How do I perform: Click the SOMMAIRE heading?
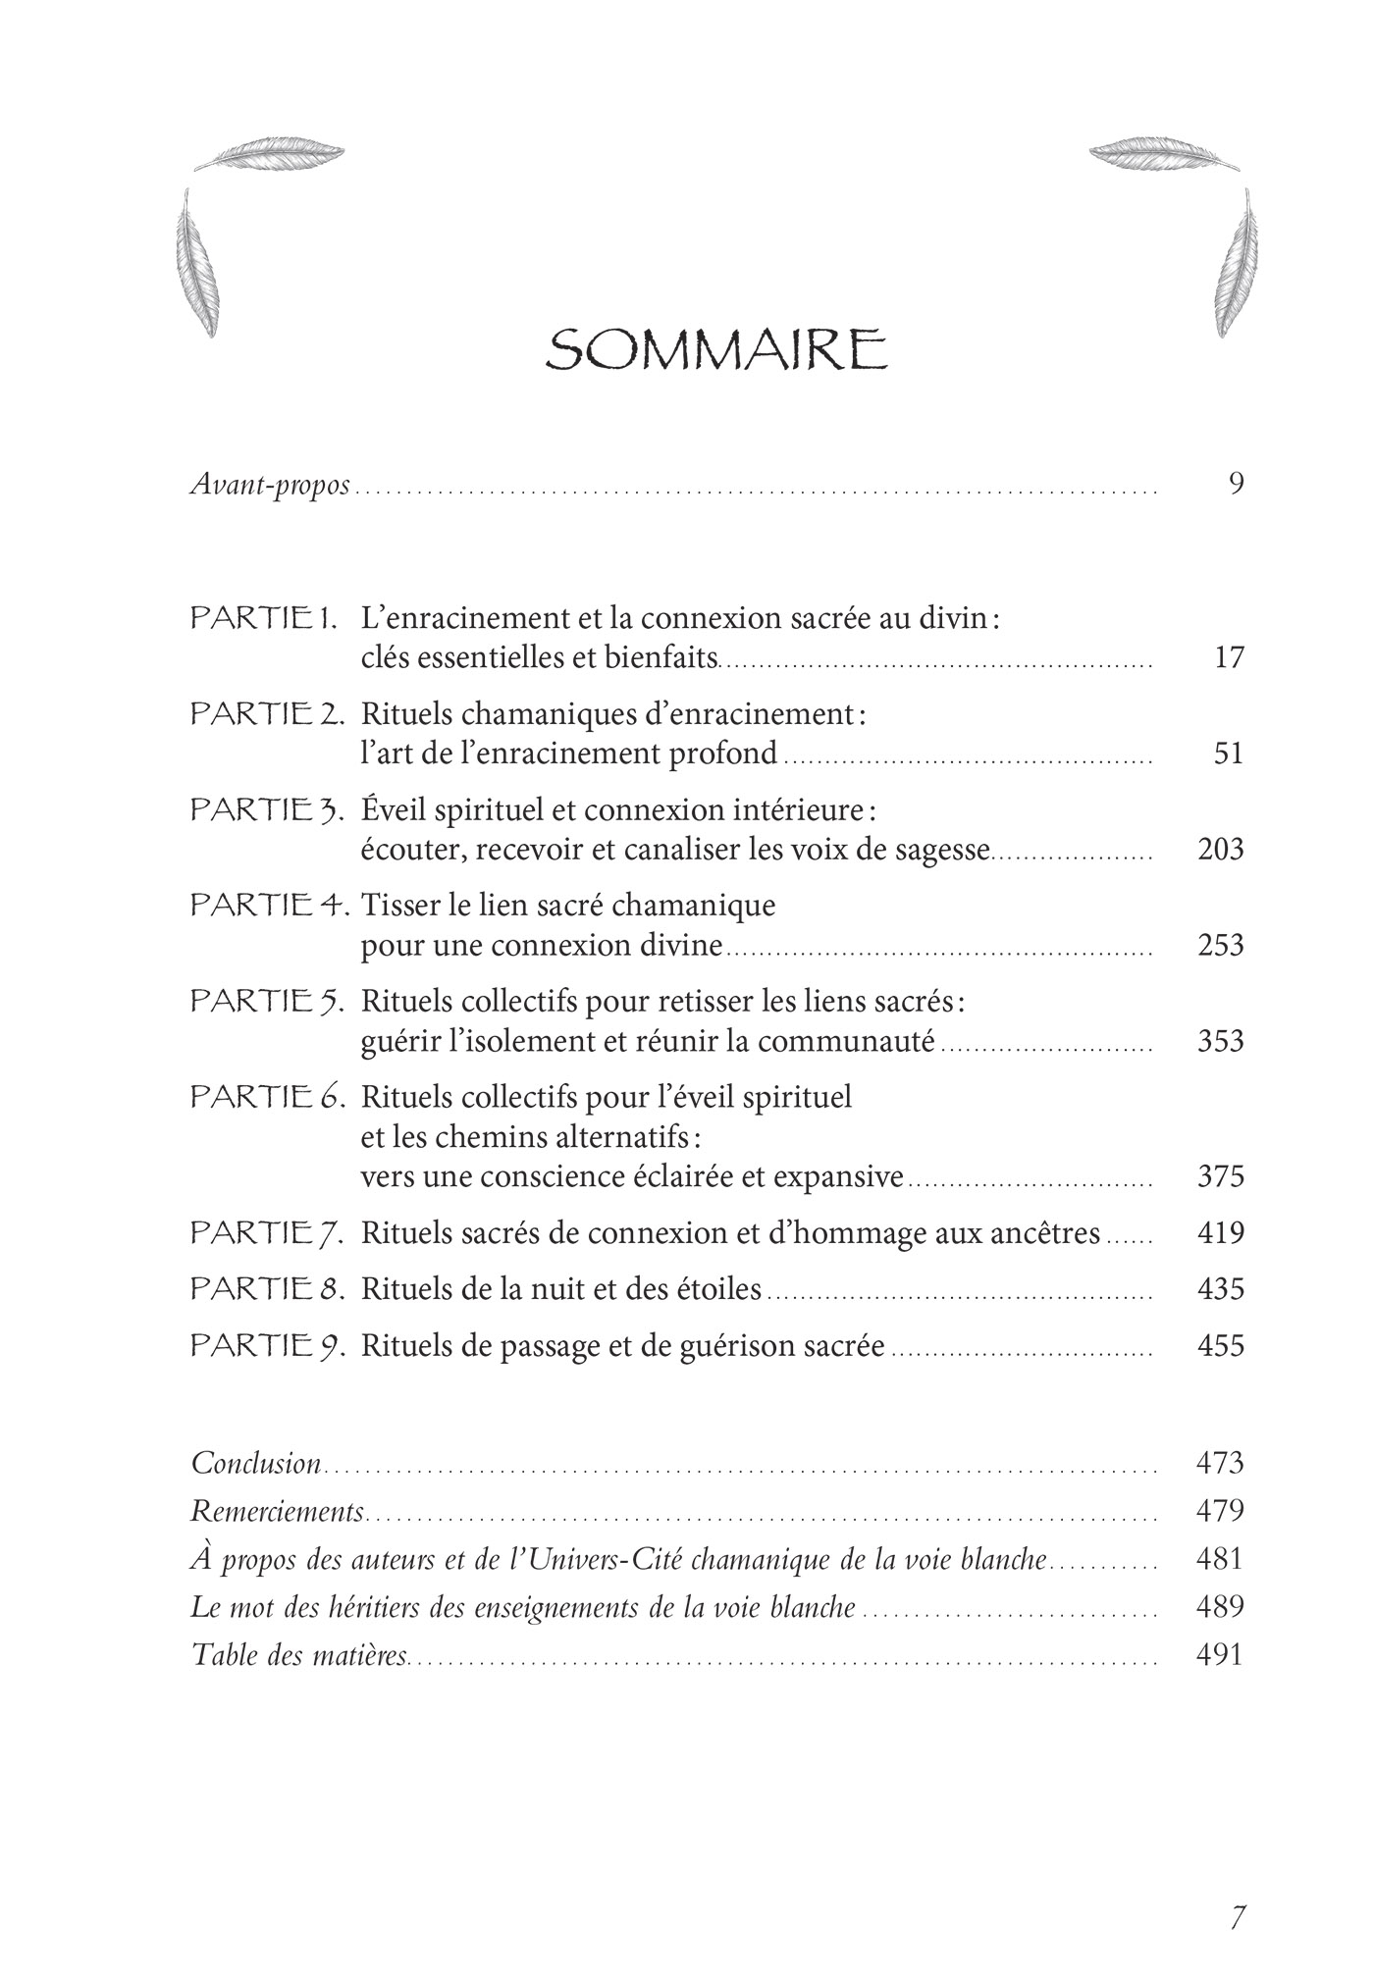click(716, 350)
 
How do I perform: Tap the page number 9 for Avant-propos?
click(1236, 484)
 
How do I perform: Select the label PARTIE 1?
click(264, 619)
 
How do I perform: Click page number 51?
click(1229, 754)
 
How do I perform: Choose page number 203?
click(1220, 849)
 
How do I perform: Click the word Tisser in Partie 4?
click(396, 905)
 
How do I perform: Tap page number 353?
click(1220, 1041)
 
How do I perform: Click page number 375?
click(1220, 1176)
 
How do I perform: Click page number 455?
click(1220, 1345)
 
